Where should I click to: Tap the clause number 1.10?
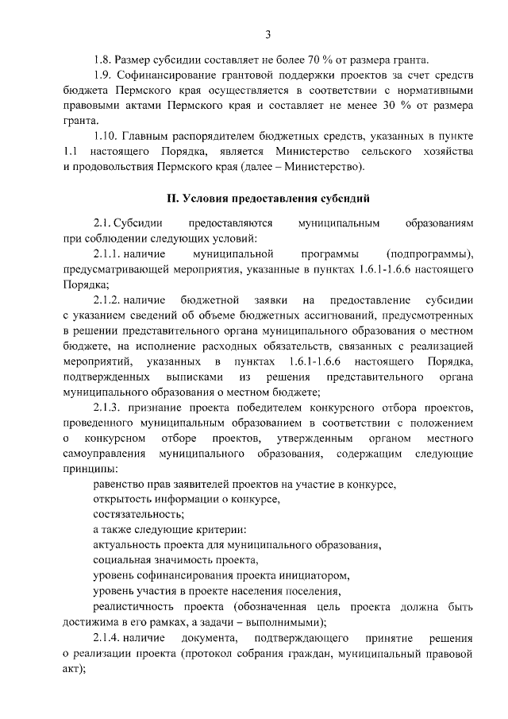[106, 136]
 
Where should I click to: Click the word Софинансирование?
[169, 75]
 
